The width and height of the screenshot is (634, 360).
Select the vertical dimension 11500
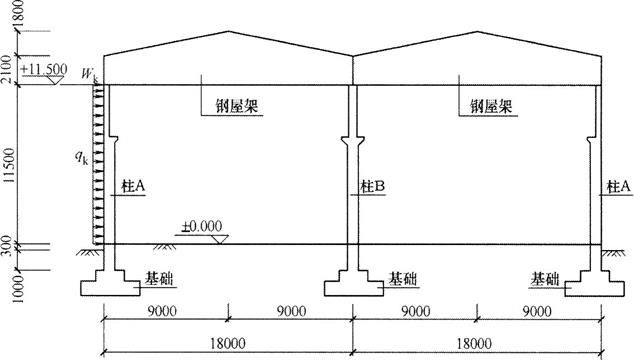click(x=11, y=163)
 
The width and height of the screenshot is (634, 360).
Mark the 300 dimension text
click(x=11, y=243)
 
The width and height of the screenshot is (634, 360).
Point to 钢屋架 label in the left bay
click(x=237, y=103)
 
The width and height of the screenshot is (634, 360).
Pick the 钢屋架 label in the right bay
click(x=484, y=103)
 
